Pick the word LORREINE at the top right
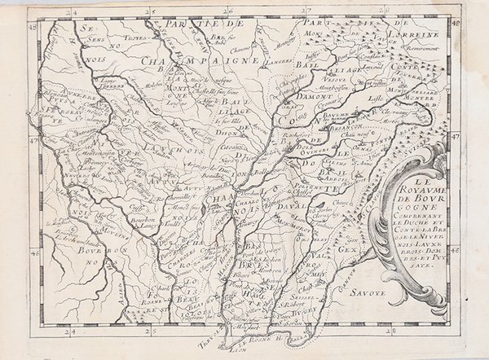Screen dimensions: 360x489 tap(421, 36)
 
